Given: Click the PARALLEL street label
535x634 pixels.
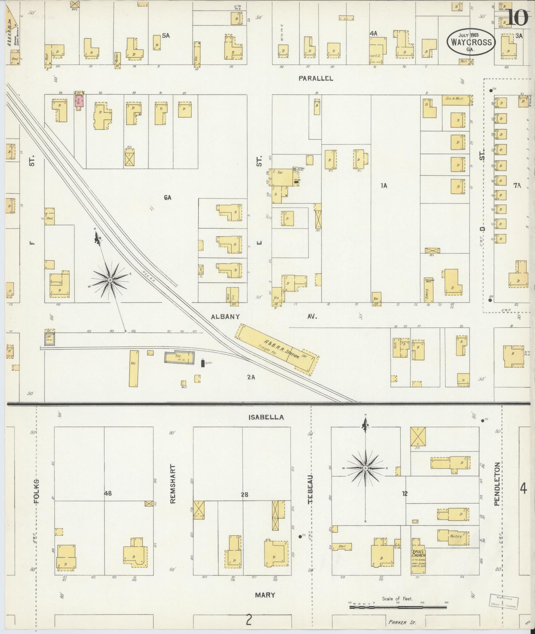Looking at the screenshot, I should [x=316, y=78].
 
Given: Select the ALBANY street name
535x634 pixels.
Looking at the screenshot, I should [x=225, y=317].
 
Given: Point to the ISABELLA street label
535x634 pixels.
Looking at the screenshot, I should [x=266, y=417].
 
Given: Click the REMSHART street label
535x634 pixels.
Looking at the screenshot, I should [x=173, y=484].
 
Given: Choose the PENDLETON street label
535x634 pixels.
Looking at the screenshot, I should [x=497, y=484].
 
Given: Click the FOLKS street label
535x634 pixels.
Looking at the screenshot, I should [x=36, y=492].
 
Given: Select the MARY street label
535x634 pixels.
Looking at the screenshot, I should [x=265, y=595].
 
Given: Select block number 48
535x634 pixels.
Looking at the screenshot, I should [x=108, y=493].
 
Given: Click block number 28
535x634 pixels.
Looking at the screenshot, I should [x=244, y=494].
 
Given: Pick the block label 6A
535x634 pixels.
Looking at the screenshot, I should [x=167, y=198].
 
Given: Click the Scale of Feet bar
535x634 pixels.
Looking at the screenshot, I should [x=398, y=607].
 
